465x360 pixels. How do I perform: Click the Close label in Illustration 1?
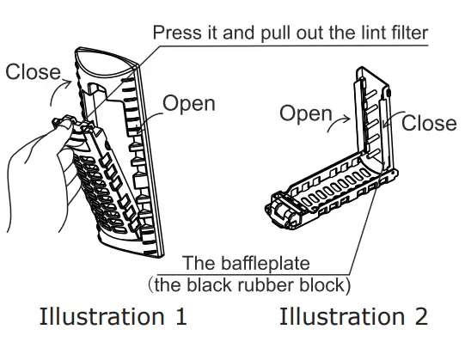(x=33, y=72)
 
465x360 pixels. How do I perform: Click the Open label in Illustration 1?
(x=189, y=103)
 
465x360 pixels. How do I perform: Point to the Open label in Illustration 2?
(x=306, y=113)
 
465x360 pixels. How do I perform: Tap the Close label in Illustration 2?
(x=429, y=123)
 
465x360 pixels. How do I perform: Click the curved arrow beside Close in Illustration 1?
(x=58, y=89)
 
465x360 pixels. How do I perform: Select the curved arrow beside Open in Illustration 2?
(x=338, y=123)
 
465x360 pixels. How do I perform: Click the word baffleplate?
(x=265, y=263)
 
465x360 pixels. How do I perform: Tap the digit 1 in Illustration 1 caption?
(x=180, y=316)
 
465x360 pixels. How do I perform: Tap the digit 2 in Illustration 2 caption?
(x=420, y=316)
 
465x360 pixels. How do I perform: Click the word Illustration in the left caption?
(x=101, y=316)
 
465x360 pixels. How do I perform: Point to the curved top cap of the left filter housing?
(x=107, y=63)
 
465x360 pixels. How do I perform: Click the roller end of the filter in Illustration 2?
(x=282, y=211)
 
